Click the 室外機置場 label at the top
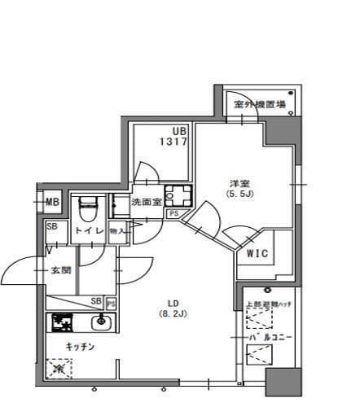point(260,104)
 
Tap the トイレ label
point(90,231)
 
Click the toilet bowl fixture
point(88,210)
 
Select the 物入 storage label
point(118,231)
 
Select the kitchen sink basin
point(101,324)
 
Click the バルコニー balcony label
point(266,336)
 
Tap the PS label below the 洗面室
point(173,214)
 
